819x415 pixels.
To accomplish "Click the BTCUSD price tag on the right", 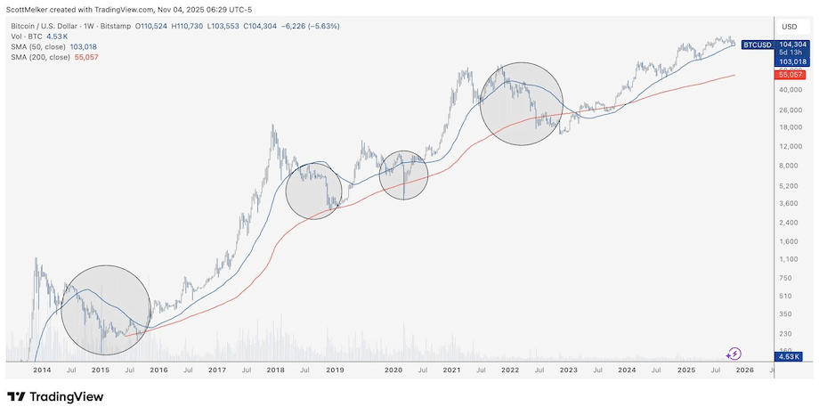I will point(756,43).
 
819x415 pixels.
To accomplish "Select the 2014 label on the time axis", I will point(42,369).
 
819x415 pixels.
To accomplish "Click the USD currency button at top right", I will point(789,26).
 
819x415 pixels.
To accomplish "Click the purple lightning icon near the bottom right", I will point(735,354).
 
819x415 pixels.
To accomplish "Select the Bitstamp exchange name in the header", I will point(114,27).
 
